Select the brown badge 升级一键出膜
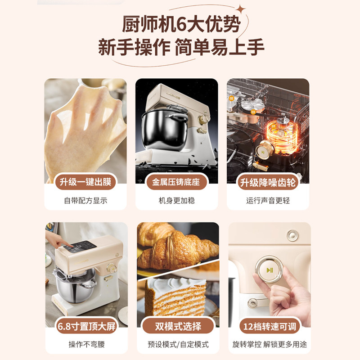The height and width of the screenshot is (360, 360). (85, 182)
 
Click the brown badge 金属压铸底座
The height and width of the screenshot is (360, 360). (176, 182)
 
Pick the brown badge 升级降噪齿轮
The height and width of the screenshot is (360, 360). (268, 182)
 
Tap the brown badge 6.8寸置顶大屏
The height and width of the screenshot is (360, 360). (85, 326)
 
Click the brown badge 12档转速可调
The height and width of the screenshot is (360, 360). (269, 326)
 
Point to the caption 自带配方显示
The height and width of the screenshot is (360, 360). (85, 201)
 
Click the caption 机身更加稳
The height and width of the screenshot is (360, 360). (176, 201)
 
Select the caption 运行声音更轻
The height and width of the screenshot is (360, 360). (268, 201)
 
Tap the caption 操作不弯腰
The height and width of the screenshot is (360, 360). (85, 344)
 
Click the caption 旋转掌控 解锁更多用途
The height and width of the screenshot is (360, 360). (269, 344)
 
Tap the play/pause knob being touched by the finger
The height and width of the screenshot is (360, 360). (269, 270)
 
